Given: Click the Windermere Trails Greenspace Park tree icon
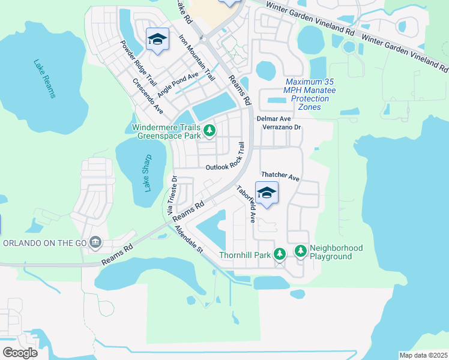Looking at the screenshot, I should (x=209, y=130).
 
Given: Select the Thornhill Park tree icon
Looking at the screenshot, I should (x=280, y=254).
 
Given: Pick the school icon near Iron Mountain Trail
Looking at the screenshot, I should (x=157, y=40).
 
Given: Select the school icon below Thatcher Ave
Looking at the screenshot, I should (x=267, y=193).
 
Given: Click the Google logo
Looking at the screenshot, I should (x=20, y=352).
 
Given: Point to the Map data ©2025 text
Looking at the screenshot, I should (x=423, y=355).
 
